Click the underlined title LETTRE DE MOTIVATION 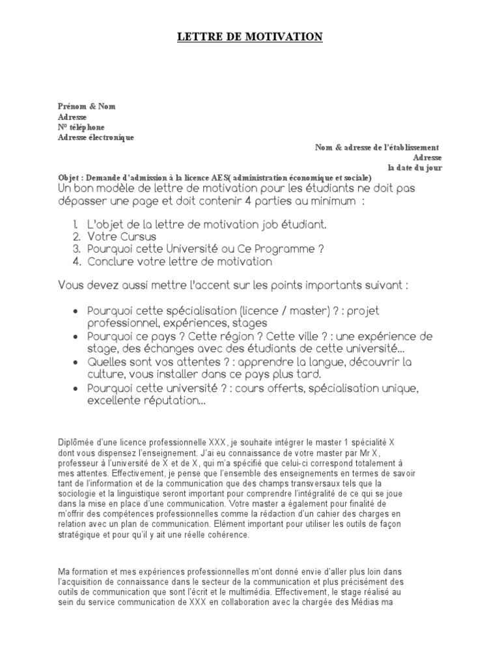[x=250, y=38]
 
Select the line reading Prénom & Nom [x=87, y=106]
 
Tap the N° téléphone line [x=81, y=127]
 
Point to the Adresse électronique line [x=96, y=137]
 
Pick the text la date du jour [x=415, y=168]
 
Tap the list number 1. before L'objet [x=77, y=225]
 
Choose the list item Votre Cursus [x=121, y=237]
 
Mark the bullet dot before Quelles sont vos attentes [x=77, y=362]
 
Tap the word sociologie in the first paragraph [x=78, y=494]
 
